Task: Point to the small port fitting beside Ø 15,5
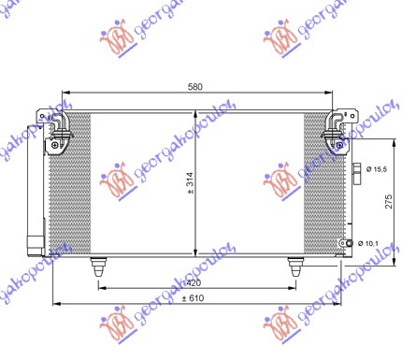coord(358,170)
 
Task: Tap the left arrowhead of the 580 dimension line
coord(63,94)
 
